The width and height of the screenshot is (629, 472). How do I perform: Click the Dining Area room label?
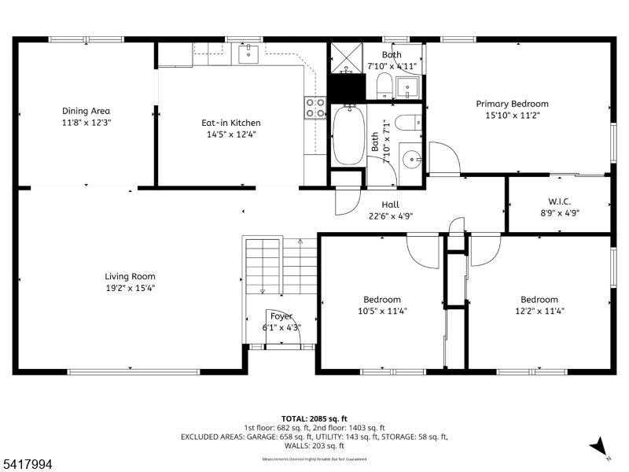point(86,111)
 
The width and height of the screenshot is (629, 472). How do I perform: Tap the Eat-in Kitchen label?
point(231,123)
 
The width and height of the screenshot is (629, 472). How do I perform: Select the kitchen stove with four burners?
point(315,107)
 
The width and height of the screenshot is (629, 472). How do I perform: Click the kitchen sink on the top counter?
point(248,53)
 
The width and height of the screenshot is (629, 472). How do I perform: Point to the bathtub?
point(347,135)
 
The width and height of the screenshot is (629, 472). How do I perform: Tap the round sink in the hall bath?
point(410,159)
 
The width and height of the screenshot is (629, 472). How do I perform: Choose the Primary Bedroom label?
point(512,104)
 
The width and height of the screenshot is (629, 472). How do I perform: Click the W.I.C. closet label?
point(558,201)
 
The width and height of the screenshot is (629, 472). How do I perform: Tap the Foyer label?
point(281,316)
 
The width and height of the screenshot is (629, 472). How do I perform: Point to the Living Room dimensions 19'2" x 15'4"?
point(130,288)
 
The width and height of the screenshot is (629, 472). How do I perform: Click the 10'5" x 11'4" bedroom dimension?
point(382,311)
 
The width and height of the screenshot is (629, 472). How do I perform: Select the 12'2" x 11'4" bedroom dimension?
point(539,311)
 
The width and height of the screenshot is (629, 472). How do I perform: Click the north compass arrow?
point(600,446)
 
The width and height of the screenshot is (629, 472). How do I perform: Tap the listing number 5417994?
point(27,465)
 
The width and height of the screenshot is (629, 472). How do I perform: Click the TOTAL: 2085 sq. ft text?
point(314,419)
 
